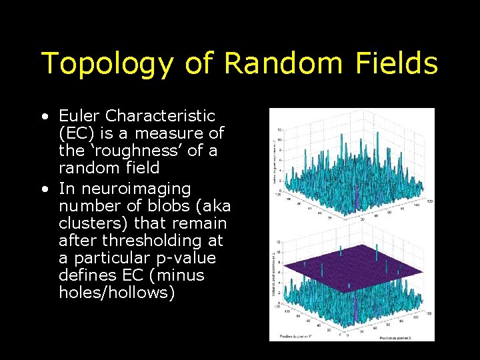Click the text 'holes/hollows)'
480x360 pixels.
[117, 293]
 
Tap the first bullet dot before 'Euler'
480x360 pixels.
[45, 117]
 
